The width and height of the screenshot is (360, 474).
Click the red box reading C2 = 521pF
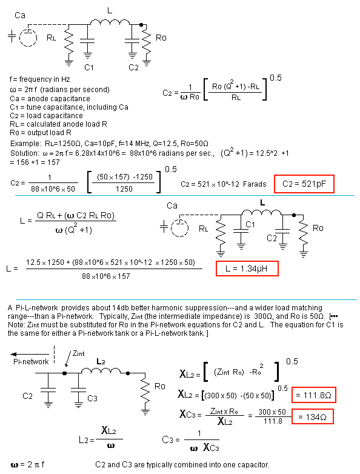point(304,184)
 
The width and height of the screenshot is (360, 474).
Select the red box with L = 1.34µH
point(247,269)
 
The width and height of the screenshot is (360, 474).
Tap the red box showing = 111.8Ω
point(314,395)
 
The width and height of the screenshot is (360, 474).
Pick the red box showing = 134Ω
point(313,416)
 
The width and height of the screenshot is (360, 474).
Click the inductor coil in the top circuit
point(110,22)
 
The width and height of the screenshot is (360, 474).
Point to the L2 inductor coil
point(101,370)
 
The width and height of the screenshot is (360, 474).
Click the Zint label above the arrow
point(79,353)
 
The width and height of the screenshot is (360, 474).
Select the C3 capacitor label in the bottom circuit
point(93,398)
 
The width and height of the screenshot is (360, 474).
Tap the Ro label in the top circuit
point(161,38)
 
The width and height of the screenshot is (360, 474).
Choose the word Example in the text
point(25,143)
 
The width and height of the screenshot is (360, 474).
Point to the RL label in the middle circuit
point(204,229)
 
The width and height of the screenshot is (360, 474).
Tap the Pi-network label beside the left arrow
point(31,361)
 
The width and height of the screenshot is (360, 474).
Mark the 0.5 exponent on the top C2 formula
point(275,78)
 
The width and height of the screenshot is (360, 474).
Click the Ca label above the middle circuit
point(172,205)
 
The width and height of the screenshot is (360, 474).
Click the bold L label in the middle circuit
point(262,202)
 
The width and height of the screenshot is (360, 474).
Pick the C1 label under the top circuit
point(89,67)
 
